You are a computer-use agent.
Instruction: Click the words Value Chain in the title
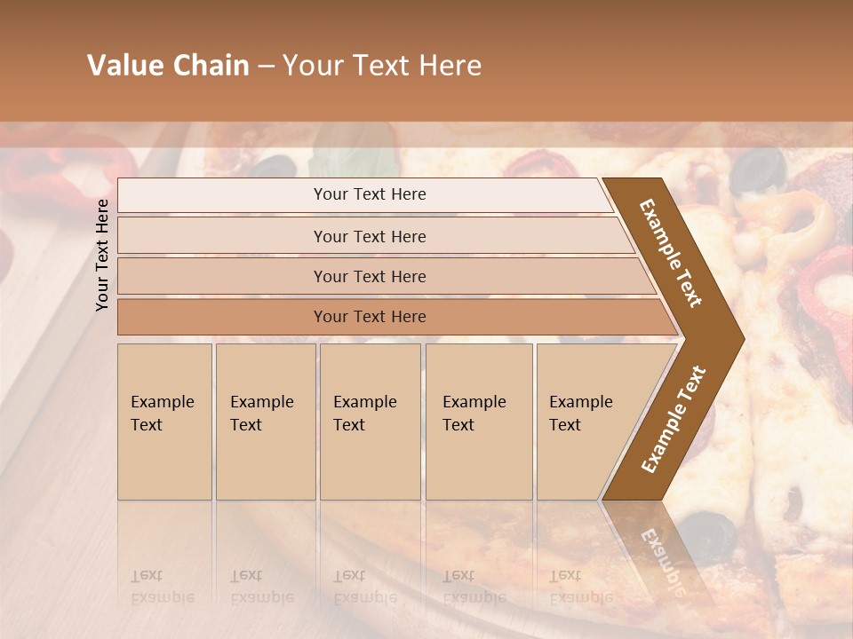pyautogui.click(x=168, y=66)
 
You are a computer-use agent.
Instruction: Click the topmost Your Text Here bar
pyautogui.click(x=369, y=194)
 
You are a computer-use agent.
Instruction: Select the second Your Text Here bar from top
pyautogui.click(x=370, y=236)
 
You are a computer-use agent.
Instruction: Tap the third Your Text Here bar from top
pyautogui.click(x=370, y=276)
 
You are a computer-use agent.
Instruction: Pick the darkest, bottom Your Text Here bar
pyautogui.click(x=370, y=317)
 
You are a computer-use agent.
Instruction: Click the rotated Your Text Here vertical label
pyautogui.click(x=102, y=255)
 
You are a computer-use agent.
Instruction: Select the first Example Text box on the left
pyautogui.click(x=164, y=422)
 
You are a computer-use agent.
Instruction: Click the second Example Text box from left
pyautogui.click(x=265, y=422)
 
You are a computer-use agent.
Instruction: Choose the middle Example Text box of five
pyautogui.click(x=370, y=422)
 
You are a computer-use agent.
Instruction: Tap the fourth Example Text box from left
pyautogui.click(x=479, y=422)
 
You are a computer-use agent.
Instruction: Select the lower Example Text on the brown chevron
pyautogui.click(x=674, y=419)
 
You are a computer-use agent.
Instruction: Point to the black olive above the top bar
pyautogui.click(x=276, y=166)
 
